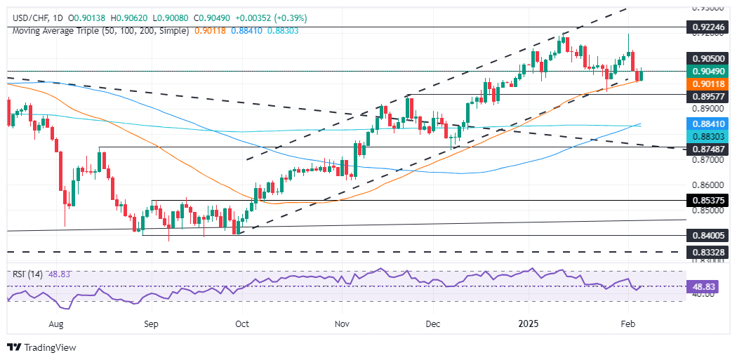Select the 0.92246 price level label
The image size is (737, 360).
[x=709, y=27]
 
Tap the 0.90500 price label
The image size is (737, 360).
[x=709, y=60]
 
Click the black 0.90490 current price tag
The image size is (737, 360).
[x=709, y=72]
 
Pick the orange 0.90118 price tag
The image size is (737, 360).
[x=709, y=83]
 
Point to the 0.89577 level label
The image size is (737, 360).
[x=709, y=94]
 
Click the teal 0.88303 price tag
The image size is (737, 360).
[x=709, y=134]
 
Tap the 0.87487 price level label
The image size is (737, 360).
[x=709, y=148]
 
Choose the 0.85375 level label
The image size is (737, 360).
[x=709, y=201]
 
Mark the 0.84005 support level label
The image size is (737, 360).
[x=709, y=236]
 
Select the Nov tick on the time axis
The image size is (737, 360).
[x=342, y=324]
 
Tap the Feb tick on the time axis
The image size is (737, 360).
[x=628, y=324]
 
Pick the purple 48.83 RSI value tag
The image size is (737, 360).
[x=708, y=286]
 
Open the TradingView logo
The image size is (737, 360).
[x=41, y=347]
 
